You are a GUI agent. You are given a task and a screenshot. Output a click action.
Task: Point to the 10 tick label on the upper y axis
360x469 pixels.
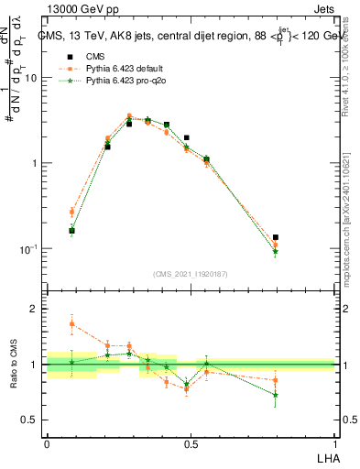[x=30, y=78]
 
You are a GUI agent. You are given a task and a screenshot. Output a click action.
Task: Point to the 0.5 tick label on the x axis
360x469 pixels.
[x=191, y=443]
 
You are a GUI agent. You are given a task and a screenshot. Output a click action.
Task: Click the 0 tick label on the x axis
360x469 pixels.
[x=47, y=443]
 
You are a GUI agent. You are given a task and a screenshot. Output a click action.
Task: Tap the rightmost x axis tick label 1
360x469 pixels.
[x=334, y=443]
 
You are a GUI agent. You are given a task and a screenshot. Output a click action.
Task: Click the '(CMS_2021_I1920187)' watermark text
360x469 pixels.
[x=191, y=273]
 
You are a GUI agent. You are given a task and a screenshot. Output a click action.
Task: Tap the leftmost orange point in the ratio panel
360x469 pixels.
[x=72, y=323]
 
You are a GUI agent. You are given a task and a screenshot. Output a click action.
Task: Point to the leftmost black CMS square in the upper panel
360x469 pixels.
[x=72, y=231]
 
